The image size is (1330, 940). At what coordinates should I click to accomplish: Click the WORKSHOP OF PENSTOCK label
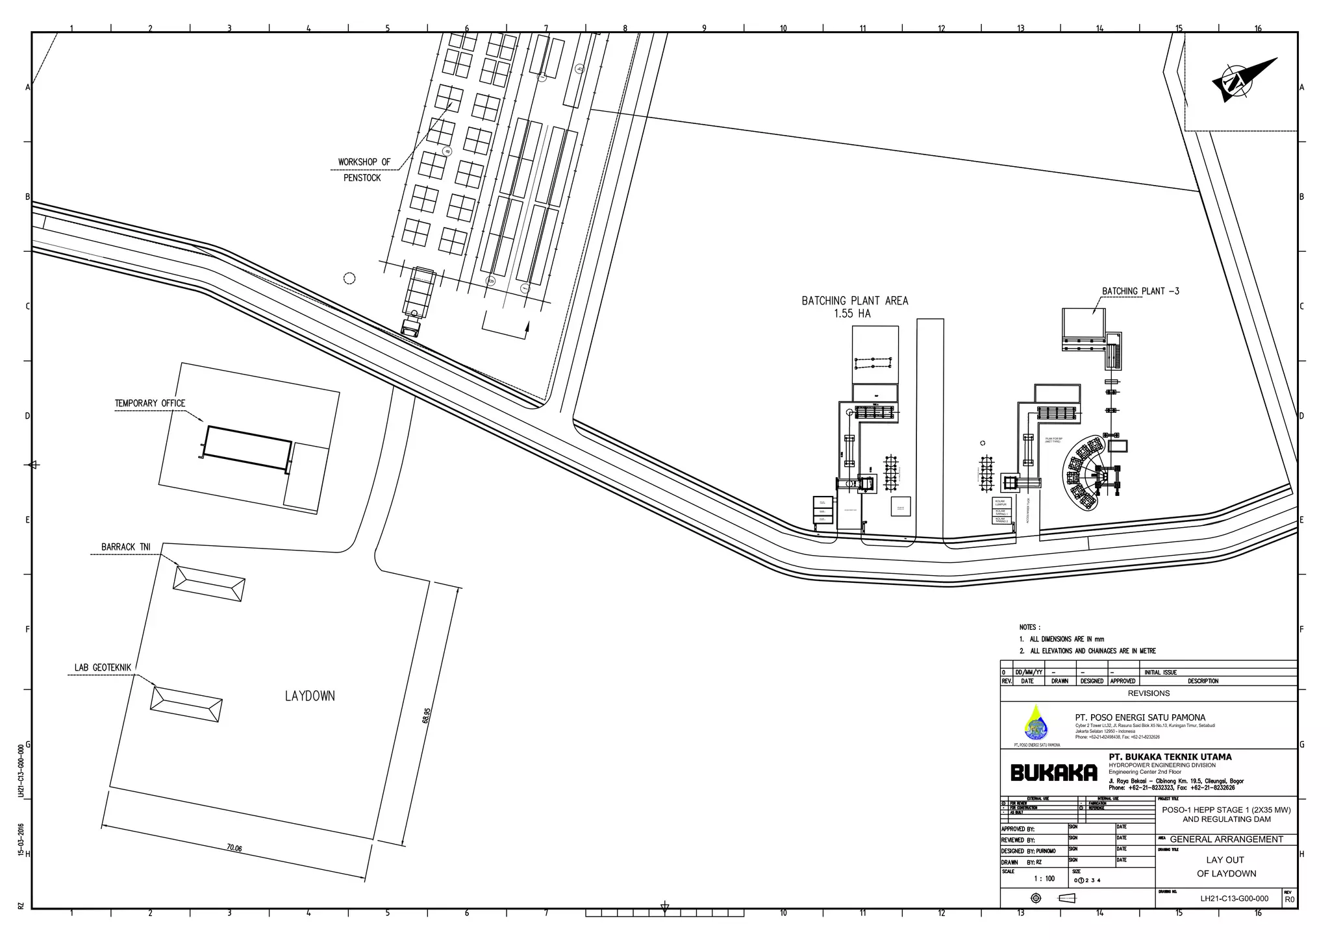(364, 169)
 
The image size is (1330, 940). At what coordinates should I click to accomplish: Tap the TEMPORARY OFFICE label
(150, 403)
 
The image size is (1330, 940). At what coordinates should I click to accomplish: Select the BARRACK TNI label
(126, 547)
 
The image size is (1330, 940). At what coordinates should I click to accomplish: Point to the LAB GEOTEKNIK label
(103, 667)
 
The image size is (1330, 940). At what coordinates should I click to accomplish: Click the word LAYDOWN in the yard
(310, 696)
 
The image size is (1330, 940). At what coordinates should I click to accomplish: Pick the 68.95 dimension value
(426, 715)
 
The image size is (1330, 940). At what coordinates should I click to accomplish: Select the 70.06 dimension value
(234, 848)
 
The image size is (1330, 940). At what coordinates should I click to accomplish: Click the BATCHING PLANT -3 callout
(1140, 291)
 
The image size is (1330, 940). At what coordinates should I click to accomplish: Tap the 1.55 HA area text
(852, 314)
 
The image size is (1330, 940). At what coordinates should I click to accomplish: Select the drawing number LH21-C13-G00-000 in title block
(1234, 898)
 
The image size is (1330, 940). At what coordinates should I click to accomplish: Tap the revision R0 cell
(1289, 899)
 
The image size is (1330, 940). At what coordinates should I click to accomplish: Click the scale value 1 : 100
(1044, 879)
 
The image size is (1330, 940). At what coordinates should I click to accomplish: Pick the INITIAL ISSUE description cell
(1161, 673)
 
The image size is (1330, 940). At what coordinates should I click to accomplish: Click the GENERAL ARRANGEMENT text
(1226, 839)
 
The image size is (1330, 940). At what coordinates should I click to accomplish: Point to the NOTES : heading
(1029, 627)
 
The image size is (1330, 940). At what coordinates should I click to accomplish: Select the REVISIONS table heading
(1148, 693)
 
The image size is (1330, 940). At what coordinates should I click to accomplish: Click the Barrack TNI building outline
(209, 584)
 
